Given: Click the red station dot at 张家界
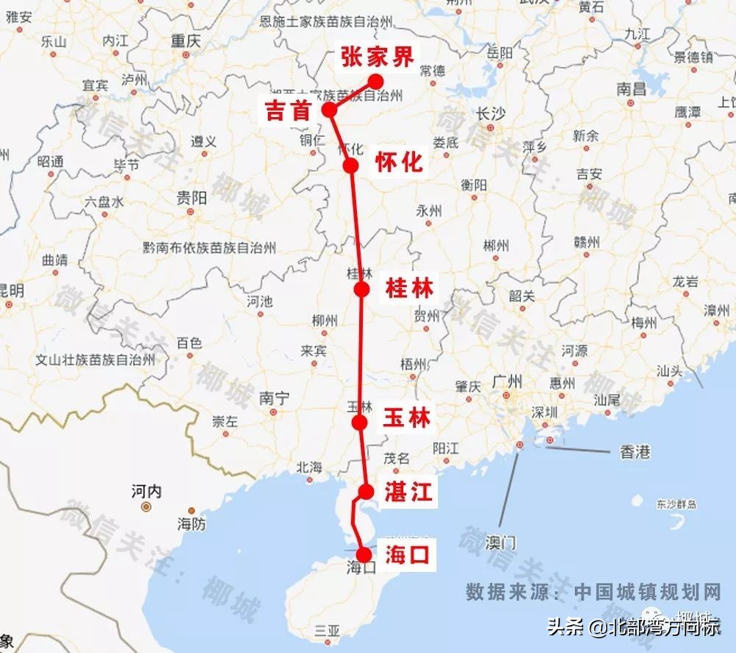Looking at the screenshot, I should (x=376, y=81).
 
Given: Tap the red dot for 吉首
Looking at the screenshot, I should (x=329, y=110).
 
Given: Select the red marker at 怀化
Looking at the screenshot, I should (x=351, y=165).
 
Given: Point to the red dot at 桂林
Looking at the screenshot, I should (x=361, y=289).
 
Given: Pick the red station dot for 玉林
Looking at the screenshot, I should (x=360, y=422).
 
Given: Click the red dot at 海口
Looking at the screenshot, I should (x=363, y=555).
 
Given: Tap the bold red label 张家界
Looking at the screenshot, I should (x=378, y=57).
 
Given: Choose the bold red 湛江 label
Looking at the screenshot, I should (x=408, y=493).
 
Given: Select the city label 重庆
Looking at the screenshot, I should (x=185, y=41).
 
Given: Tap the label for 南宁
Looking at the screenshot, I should (x=274, y=398).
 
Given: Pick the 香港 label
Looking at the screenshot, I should (x=634, y=452).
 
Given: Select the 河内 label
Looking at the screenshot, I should (x=146, y=491).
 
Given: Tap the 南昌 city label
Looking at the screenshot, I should (x=631, y=90).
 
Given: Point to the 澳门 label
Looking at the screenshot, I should (x=501, y=543).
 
